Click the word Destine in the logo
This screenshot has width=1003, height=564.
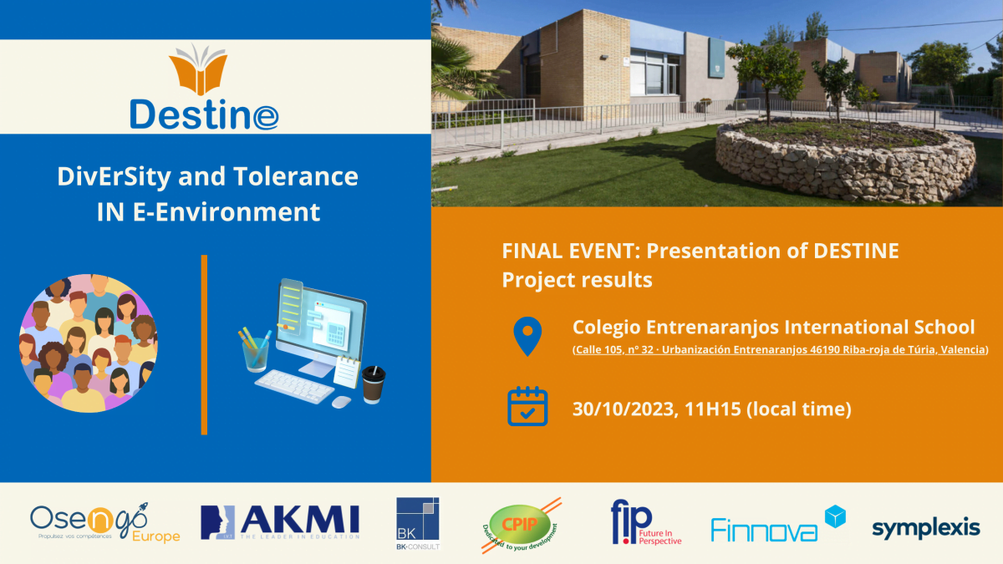204,114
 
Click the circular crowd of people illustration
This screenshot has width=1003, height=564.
87,343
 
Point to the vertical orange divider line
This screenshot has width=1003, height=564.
204,344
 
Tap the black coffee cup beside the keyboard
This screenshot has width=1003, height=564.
373,385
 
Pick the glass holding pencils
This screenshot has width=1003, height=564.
255,353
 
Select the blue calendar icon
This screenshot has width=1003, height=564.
527,407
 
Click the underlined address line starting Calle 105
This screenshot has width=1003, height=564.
780,349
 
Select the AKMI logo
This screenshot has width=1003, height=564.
280,522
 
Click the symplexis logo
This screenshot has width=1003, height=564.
925,528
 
